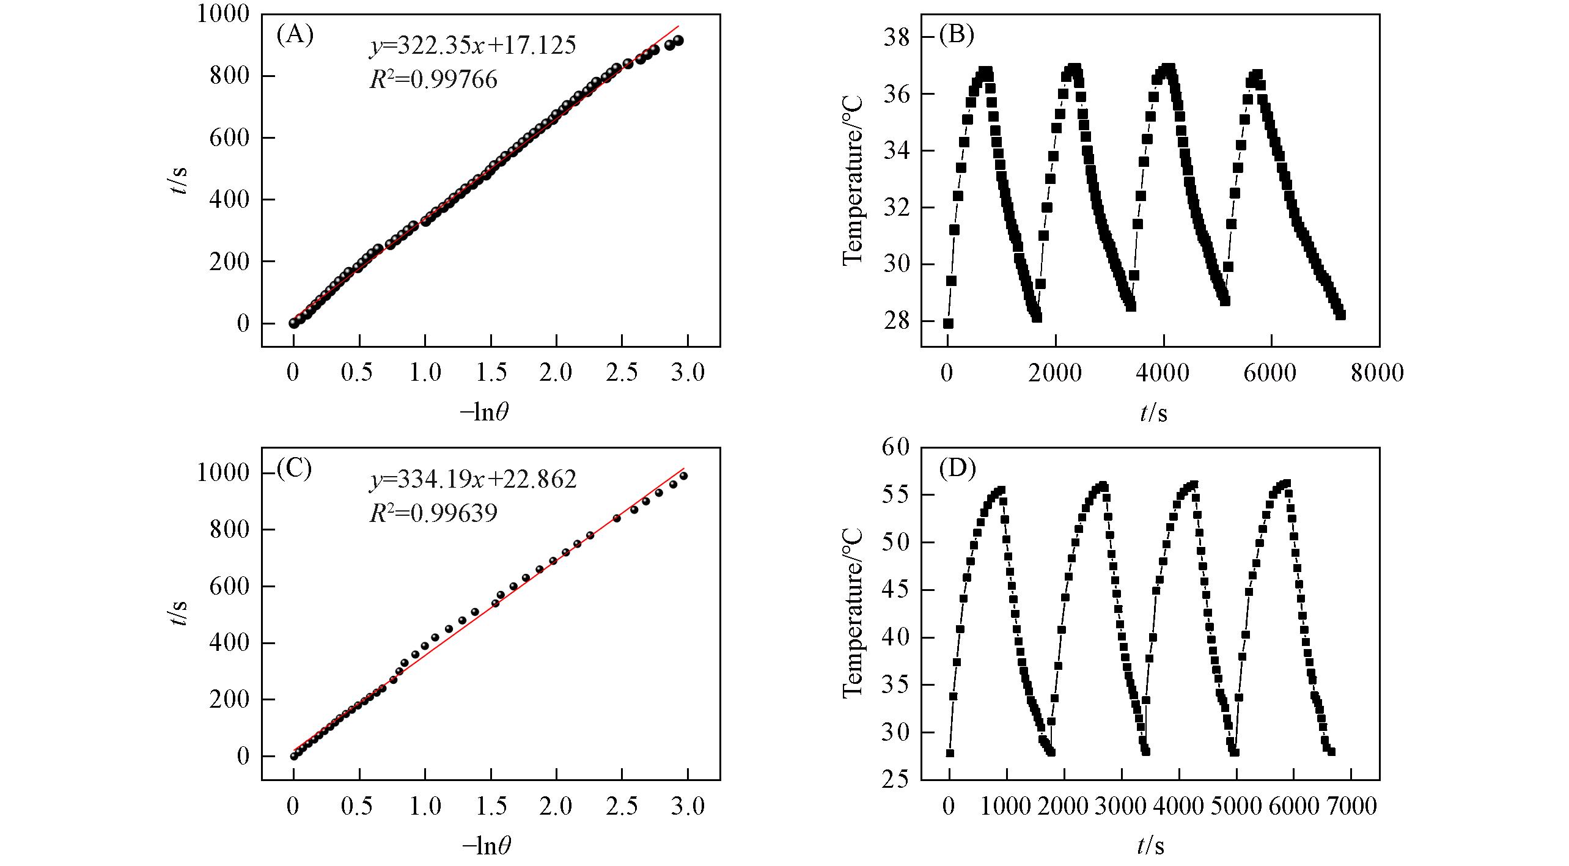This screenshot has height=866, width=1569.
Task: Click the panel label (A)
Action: tap(295, 35)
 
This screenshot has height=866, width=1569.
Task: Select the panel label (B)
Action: tap(956, 35)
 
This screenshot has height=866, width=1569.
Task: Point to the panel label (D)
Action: tap(957, 468)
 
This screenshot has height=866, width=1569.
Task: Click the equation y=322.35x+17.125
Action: tap(472, 46)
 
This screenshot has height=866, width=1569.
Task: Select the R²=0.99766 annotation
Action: tap(433, 79)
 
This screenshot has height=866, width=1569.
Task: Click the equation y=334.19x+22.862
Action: tap(472, 480)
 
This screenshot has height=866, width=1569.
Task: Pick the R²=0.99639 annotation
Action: tap(433, 513)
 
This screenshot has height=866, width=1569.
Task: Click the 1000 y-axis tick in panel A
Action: tap(223, 13)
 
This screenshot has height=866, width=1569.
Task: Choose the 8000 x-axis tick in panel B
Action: tap(1377, 373)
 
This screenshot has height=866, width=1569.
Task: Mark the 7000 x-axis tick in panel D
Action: tap(1350, 807)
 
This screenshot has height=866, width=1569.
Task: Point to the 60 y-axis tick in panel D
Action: tap(895, 447)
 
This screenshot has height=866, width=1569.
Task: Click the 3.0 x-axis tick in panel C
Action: tap(688, 807)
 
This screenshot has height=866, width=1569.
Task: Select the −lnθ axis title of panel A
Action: tap(485, 413)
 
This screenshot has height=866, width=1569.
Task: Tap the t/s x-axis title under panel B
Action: tap(1153, 414)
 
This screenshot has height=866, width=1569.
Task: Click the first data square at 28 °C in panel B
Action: tap(948, 323)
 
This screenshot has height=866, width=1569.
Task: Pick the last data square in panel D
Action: tap(1331, 752)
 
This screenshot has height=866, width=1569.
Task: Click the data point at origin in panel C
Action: tap(294, 756)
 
